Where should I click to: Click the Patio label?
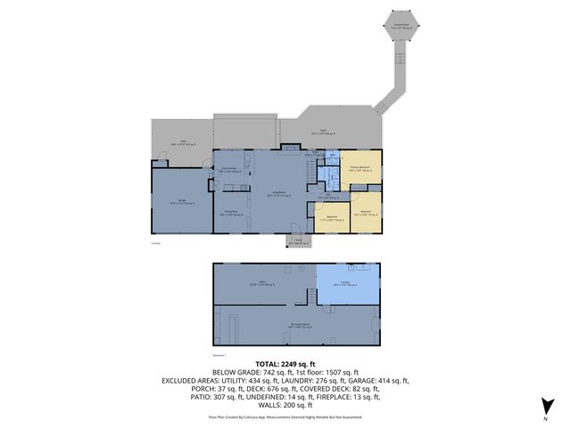pos(183,141)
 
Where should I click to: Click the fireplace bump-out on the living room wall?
pos(291,147)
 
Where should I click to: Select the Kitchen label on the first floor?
pos(228,171)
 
